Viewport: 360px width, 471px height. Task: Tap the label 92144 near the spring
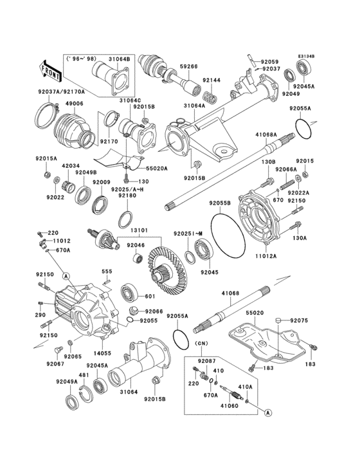212,81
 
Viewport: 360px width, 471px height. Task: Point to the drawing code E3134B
306,56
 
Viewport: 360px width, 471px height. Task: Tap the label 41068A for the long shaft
265,135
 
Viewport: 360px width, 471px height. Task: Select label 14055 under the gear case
103,354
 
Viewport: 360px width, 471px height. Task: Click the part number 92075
299,320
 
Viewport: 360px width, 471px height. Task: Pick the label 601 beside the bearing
150,297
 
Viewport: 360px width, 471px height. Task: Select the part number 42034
70,165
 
